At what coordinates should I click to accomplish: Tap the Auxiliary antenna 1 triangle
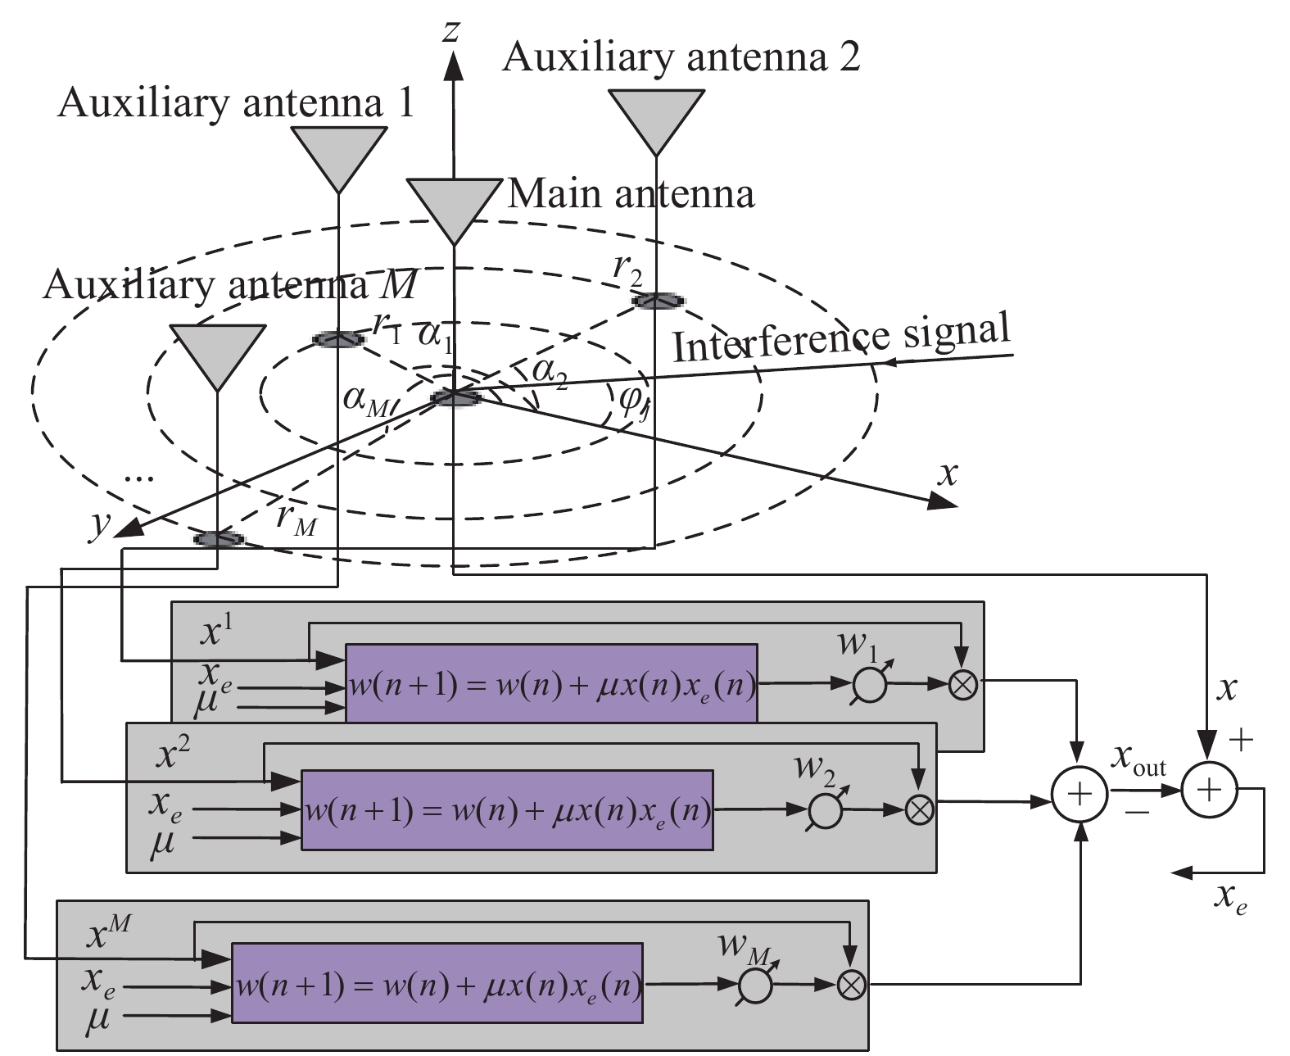339,156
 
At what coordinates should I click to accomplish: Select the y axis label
100,525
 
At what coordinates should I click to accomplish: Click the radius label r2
631,271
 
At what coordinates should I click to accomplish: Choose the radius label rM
296,519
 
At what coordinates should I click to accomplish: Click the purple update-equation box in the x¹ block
551,684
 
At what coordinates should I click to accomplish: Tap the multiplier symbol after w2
920,809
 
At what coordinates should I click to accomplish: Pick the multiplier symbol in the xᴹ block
852,985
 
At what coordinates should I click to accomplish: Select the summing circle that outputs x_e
1209,789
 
